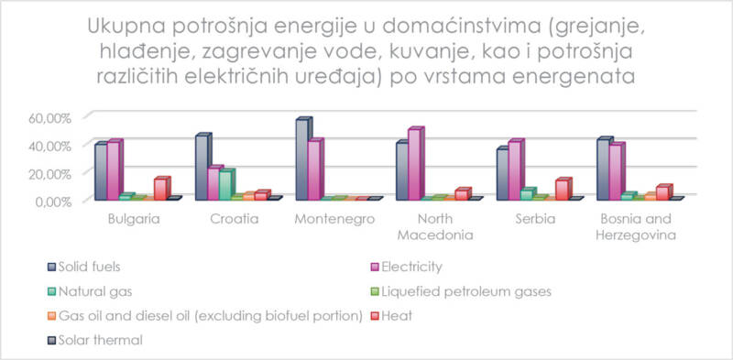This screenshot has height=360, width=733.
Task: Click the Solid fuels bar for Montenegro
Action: pos(301,160)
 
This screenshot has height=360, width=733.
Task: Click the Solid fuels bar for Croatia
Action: pos(202,168)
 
